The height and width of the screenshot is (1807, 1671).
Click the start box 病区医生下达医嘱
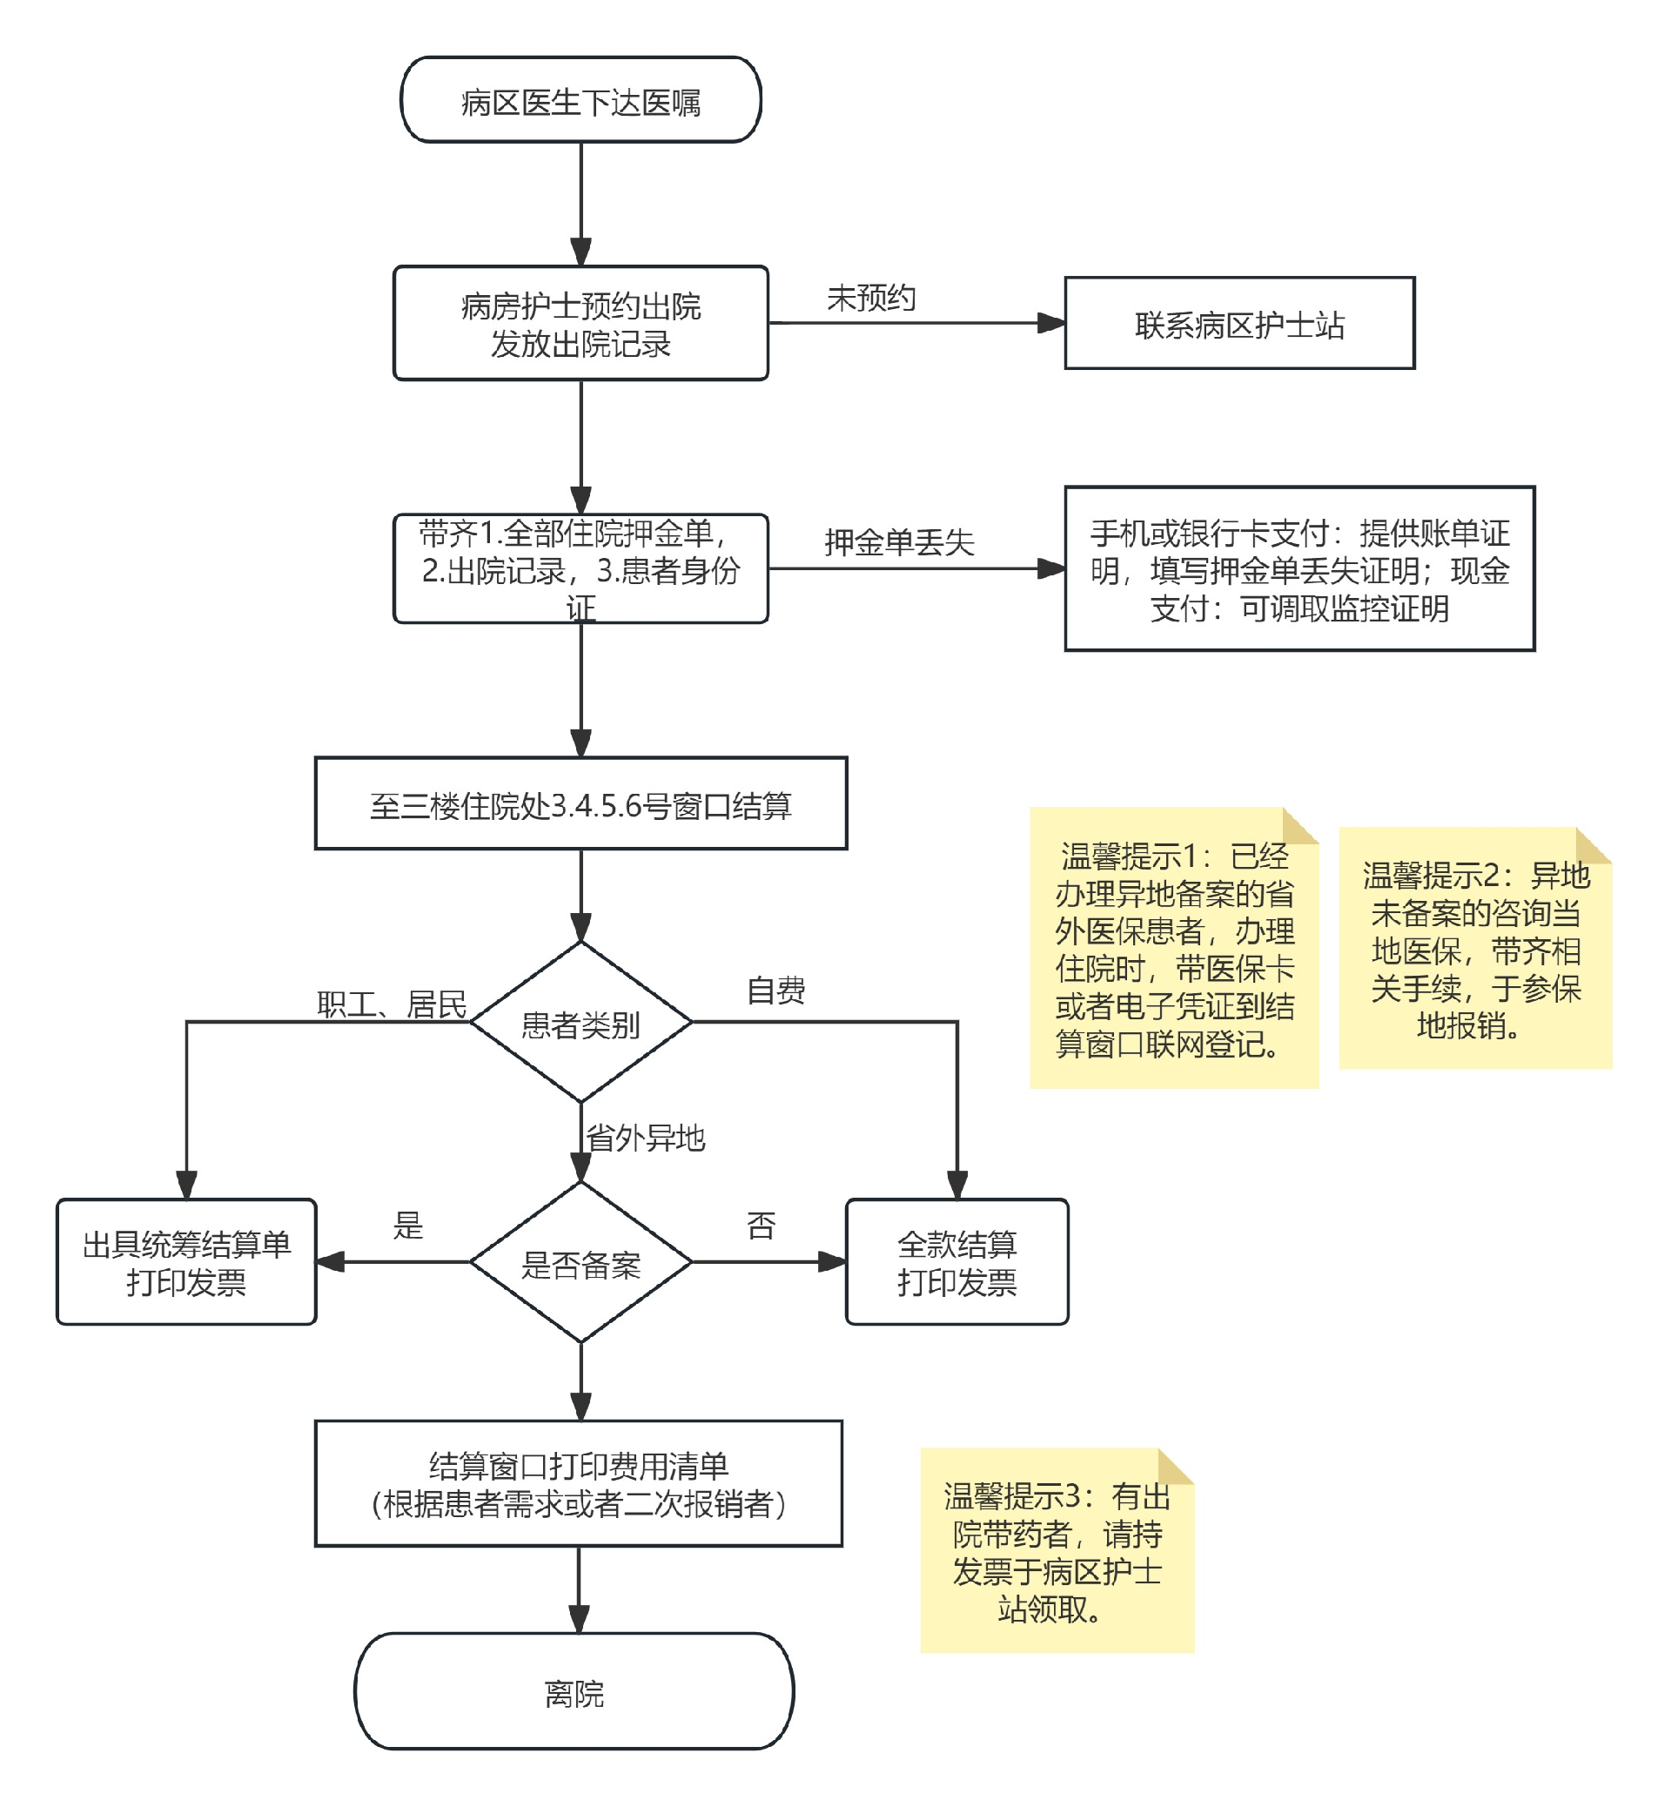point(580,100)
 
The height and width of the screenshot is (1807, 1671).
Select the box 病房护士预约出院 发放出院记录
point(580,323)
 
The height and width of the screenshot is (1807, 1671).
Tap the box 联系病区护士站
point(1238,323)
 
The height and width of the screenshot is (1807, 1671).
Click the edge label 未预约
point(871,298)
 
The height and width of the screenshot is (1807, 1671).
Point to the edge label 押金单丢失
point(899,541)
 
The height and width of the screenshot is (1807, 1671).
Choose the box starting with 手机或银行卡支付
point(1299,569)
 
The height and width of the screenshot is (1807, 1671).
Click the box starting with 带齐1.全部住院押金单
point(580,569)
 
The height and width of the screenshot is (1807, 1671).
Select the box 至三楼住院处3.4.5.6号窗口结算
point(580,803)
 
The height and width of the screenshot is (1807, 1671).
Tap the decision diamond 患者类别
point(580,1023)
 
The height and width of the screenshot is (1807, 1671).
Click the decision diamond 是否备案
point(580,1262)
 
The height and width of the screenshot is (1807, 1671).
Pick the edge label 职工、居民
point(392,1004)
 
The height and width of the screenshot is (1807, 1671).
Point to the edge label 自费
point(775,990)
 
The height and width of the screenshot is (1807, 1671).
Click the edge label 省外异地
point(645,1137)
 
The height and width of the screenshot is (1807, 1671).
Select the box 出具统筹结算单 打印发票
point(186,1262)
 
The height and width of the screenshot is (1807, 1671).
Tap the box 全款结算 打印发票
point(956,1262)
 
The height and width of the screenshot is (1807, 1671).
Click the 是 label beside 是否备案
point(408,1226)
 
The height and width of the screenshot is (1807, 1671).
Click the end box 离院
point(574,1692)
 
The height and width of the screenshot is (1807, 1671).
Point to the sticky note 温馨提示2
point(1475,950)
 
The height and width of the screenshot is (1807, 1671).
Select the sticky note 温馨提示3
point(1057,1552)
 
